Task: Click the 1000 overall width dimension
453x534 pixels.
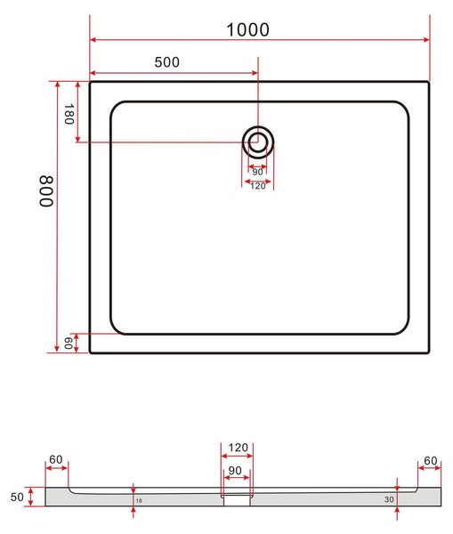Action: pos(248,29)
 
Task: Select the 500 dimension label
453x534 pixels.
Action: pos(167,62)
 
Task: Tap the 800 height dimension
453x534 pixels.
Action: pos(46,191)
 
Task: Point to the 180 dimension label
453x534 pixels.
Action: pos(69,115)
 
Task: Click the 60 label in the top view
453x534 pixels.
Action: pos(68,343)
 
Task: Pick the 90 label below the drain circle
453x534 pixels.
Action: pos(257,172)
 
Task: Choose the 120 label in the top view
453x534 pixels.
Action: pos(258,186)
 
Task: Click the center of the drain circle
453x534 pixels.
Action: pos(258,142)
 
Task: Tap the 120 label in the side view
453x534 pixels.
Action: pos(239,448)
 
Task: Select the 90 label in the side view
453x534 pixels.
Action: pos(235,471)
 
